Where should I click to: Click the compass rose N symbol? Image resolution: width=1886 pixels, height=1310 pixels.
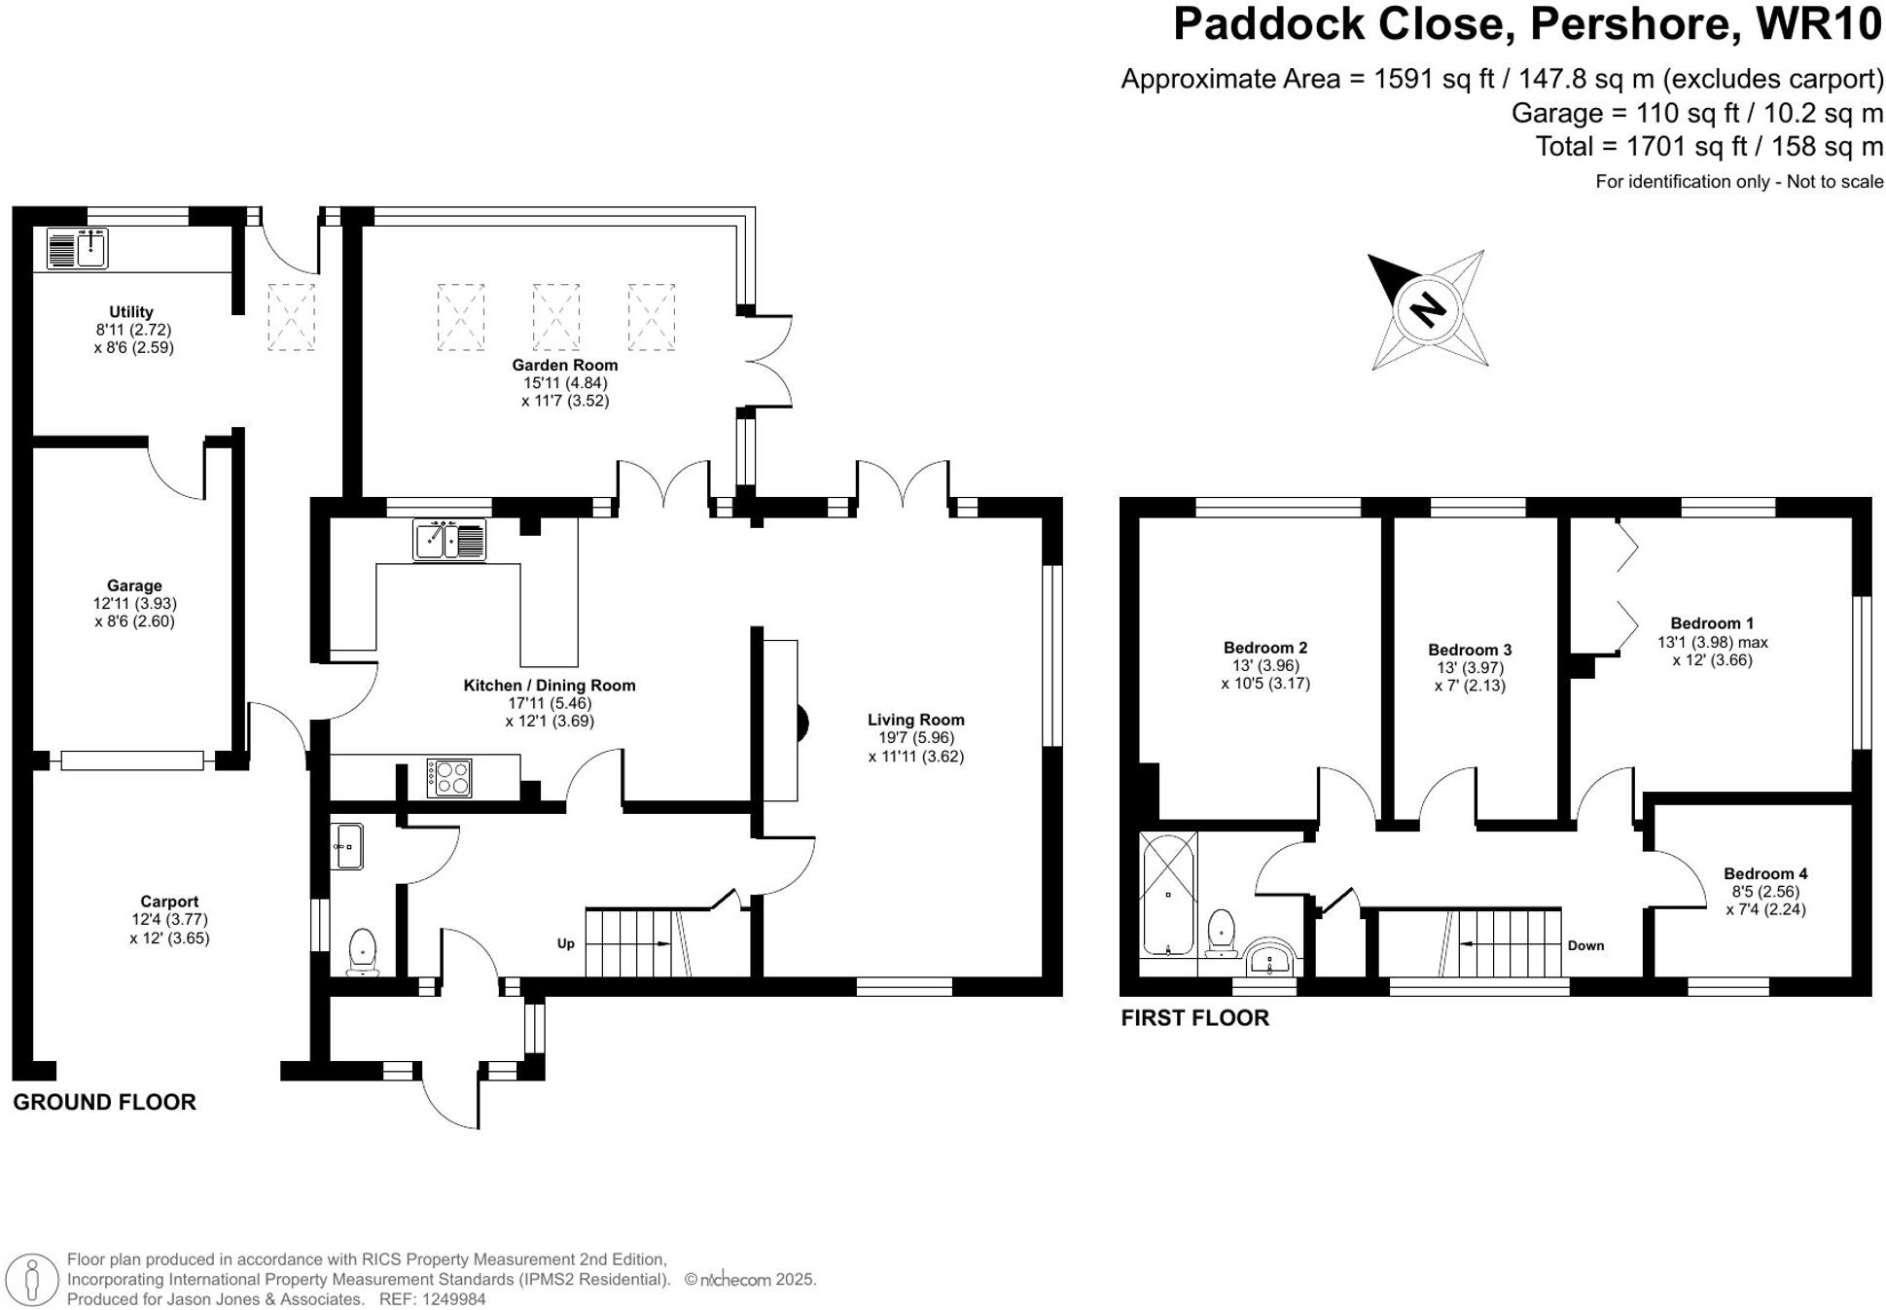click(x=1428, y=310)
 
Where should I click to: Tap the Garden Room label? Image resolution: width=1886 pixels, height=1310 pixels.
click(x=565, y=366)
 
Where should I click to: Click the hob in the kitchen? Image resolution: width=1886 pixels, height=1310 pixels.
click(x=449, y=778)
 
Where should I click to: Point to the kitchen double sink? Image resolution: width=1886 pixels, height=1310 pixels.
click(x=449, y=541)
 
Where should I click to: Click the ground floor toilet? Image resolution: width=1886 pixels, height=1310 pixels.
click(x=363, y=950)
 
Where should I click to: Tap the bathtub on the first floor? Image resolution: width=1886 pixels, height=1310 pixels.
click(x=1168, y=893)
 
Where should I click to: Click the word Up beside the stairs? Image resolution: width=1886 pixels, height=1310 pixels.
click(x=565, y=943)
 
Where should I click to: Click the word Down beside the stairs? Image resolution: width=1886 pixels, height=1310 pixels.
click(x=1585, y=945)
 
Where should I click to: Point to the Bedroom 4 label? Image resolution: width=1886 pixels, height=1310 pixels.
click(x=1765, y=873)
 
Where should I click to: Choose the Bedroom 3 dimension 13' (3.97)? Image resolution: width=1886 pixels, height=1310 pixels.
click(x=1470, y=668)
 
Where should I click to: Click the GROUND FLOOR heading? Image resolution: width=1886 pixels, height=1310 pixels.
click(x=104, y=1102)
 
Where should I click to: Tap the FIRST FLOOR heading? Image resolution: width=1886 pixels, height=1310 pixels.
click(x=1194, y=1018)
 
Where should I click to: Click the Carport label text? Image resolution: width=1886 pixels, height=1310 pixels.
click(x=169, y=902)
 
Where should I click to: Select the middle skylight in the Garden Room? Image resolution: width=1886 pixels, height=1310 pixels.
click(x=556, y=317)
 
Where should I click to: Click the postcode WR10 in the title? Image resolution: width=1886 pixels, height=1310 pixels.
click(x=1819, y=25)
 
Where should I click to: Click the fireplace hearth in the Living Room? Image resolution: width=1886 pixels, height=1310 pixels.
click(x=781, y=721)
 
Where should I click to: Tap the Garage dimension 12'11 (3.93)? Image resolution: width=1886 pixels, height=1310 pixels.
click(x=134, y=604)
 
